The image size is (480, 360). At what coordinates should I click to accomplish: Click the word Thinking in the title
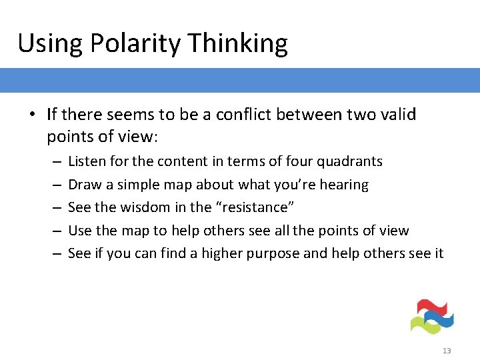click(x=238, y=44)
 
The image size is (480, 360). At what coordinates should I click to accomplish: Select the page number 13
click(x=447, y=351)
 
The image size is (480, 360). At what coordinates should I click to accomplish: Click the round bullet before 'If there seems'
click(x=33, y=115)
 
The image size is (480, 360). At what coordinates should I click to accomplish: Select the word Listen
click(x=85, y=161)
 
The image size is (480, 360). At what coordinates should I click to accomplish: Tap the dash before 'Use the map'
click(x=55, y=231)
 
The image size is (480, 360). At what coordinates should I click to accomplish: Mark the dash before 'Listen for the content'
click(x=55, y=161)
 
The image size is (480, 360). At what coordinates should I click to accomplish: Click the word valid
click(x=399, y=115)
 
